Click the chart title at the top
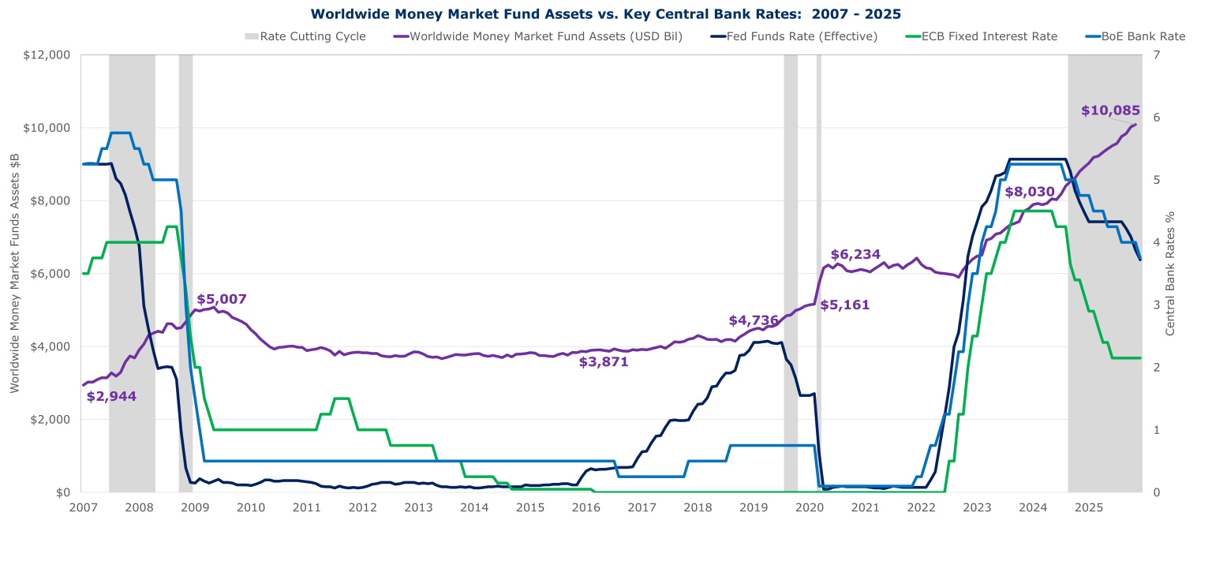point(605,13)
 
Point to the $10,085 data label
point(1109,110)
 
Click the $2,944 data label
point(111,396)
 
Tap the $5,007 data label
point(222,299)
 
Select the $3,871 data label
point(604,362)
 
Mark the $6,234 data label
point(855,254)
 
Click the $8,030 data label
point(1030,191)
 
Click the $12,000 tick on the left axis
point(50,54)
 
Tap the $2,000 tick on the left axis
point(53,419)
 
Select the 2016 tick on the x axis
point(585,507)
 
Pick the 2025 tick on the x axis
point(1089,507)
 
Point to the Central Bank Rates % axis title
point(1170,273)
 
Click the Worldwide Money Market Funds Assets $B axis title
point(13,273)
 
